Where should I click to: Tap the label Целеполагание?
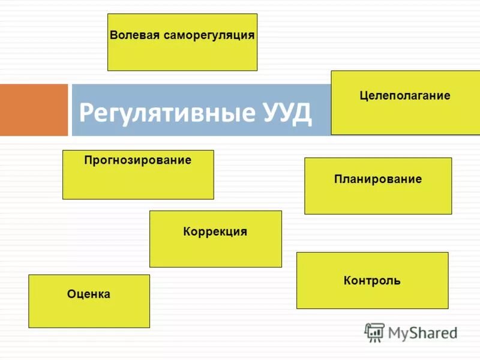(405, 95)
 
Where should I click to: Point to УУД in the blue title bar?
(287, 112)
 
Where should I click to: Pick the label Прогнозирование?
(138, 160)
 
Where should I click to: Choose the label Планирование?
(378, 179)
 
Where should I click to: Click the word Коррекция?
(215, 231)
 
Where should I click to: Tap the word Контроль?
(372, 280)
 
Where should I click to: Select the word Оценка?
(89, 294)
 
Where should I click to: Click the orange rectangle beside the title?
(34, 110)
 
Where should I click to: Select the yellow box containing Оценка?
(89, 312)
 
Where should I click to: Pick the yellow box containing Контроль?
(372, 297)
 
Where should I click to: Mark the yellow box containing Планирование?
(378, 198)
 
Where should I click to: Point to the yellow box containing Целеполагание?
(405, 117)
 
